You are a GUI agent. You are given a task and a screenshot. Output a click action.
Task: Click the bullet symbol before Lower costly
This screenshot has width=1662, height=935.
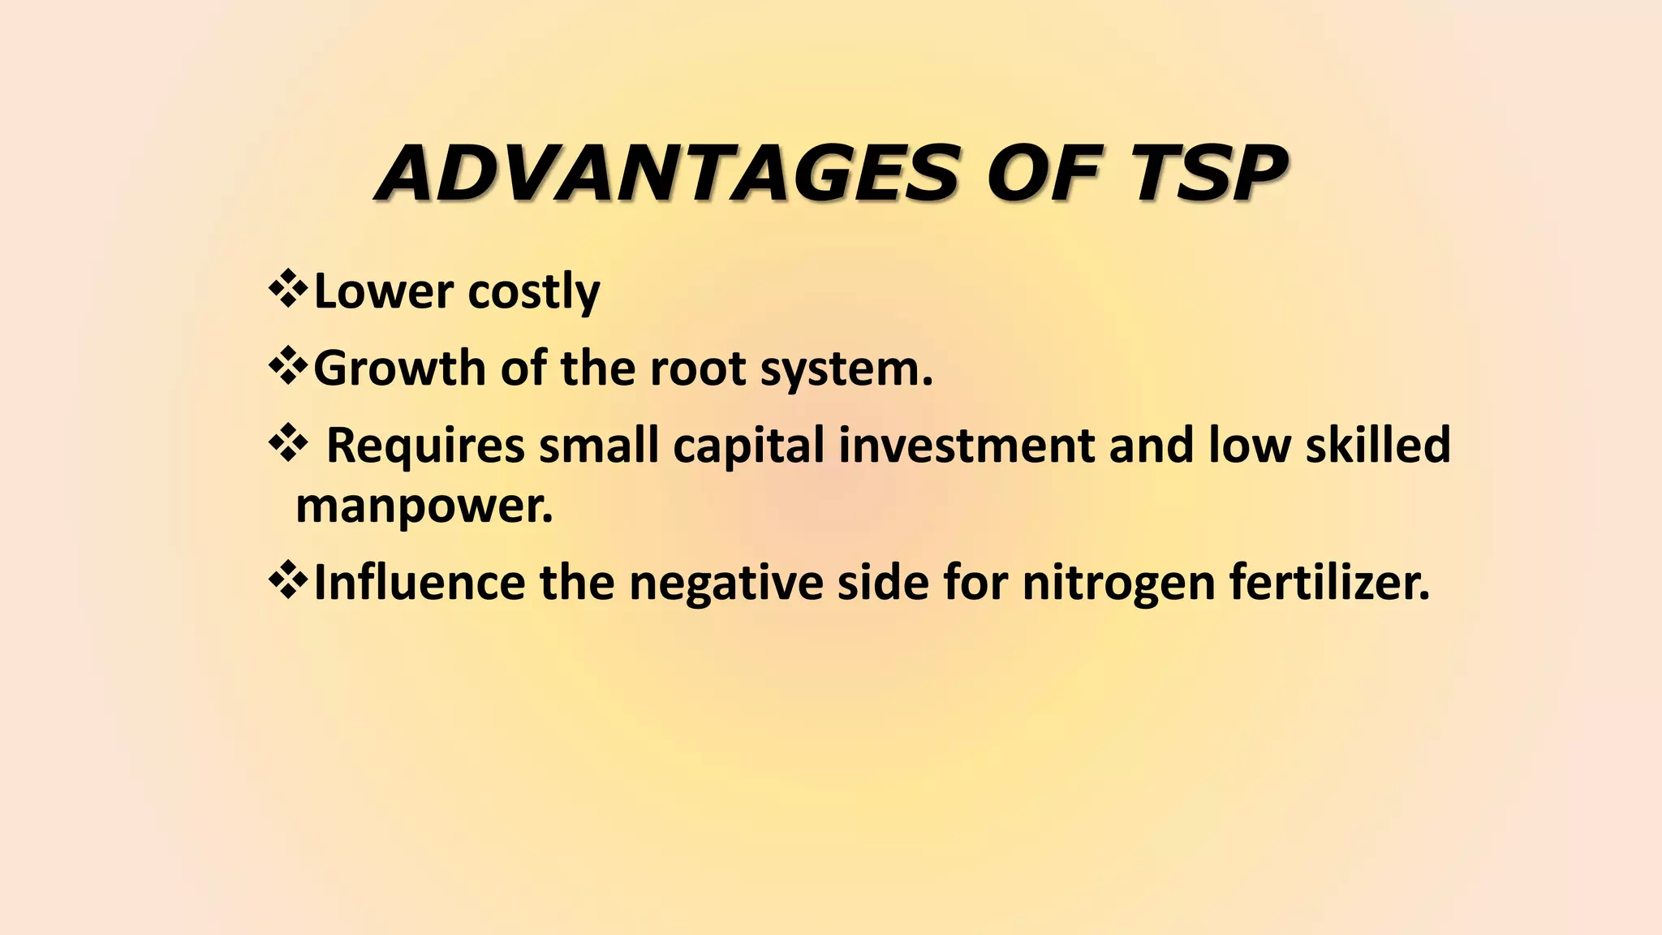click(287, 291)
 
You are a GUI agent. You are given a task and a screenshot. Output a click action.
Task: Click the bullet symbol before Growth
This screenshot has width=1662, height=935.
click(287, 368)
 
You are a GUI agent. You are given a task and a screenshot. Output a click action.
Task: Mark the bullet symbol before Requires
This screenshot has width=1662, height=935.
click(287, 445)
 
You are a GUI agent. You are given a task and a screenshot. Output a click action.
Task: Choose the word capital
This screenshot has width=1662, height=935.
click(748, 447)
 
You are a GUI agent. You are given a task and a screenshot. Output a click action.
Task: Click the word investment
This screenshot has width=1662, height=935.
click(967, 446)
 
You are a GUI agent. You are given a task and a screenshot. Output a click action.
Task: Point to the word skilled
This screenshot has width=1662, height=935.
click(1377, 446)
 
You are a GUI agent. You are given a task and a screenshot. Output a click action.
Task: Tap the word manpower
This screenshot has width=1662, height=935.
click(424, 507)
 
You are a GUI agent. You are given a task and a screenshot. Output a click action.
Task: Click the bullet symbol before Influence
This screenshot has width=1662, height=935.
click(287, 581)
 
